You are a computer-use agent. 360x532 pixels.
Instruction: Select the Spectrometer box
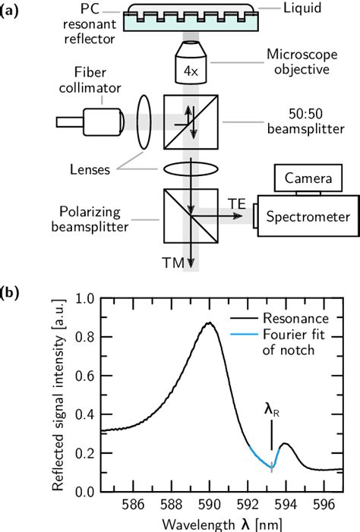pyautogui.click(x=308, y=217)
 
